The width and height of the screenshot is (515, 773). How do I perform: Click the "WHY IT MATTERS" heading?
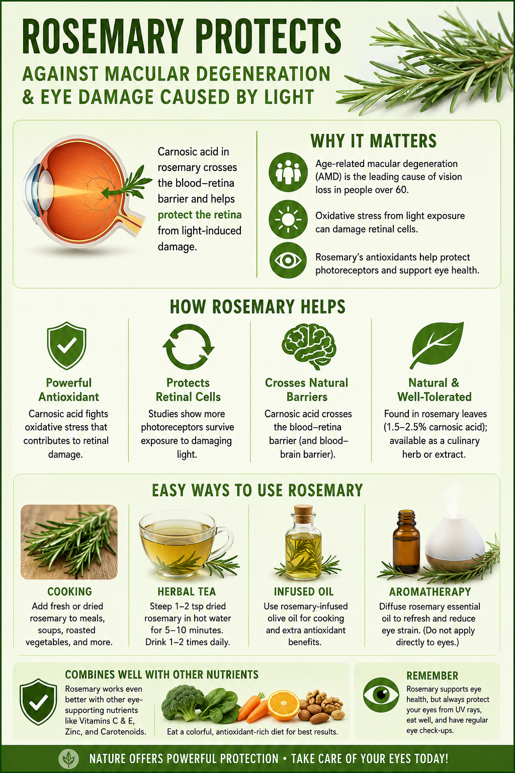(374, 141)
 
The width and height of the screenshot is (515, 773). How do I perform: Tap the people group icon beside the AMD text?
(288, 172)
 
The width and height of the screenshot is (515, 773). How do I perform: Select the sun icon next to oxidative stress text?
(288, 219)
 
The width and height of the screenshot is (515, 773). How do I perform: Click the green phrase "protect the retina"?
(199, 215)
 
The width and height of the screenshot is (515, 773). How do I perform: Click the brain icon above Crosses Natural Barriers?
(309, 346)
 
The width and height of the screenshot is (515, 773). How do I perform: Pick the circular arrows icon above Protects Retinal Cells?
(188, 346)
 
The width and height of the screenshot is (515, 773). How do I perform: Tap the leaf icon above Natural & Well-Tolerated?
(437, 345)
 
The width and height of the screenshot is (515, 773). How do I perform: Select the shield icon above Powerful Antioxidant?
(67, 345)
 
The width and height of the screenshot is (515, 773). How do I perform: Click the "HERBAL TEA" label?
(187, 591)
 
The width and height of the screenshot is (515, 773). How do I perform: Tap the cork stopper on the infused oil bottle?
(303, 510)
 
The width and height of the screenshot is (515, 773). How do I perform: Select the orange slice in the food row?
(284, 706)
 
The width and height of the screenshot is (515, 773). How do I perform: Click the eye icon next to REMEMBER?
(381, 695)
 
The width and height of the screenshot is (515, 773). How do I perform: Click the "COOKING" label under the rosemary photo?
(70, 591)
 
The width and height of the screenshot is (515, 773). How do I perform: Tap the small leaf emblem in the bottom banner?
(69, 758)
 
